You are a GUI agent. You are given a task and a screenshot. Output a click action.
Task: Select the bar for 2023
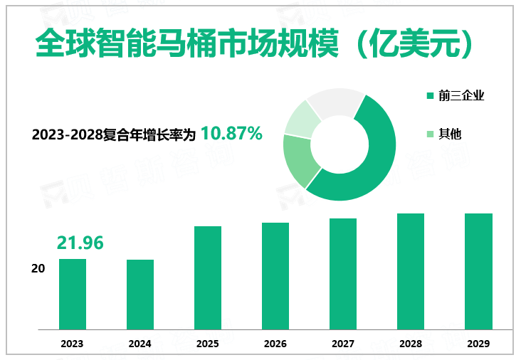click(72, 294)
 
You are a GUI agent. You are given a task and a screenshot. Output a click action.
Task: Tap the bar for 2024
click(140, 295)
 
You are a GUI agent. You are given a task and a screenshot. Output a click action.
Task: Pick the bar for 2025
click(208, 277)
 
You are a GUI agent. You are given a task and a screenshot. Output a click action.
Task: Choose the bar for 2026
click(275, 276)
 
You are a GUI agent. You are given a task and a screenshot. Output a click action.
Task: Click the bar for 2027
click(343, 274)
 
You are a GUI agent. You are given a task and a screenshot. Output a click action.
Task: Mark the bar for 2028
click(411, 271)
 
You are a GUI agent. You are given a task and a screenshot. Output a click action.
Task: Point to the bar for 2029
click(478, 271)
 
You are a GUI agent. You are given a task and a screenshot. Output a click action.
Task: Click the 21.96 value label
click(80, 243)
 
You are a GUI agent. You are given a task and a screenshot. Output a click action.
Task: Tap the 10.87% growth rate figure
click(232, 133)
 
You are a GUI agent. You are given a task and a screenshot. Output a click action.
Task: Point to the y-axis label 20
click(38, 269)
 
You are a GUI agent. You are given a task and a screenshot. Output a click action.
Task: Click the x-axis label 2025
click(208, 344)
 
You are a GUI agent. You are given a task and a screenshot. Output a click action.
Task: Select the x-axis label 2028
click(411, 344)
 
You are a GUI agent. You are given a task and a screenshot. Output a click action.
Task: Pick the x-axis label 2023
click(72, 344)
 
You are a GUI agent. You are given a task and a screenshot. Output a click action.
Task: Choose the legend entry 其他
click(450, 133)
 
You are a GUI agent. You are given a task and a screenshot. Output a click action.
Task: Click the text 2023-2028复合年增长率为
click(114, 134)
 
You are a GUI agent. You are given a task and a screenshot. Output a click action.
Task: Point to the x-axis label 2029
click(478, 344)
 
